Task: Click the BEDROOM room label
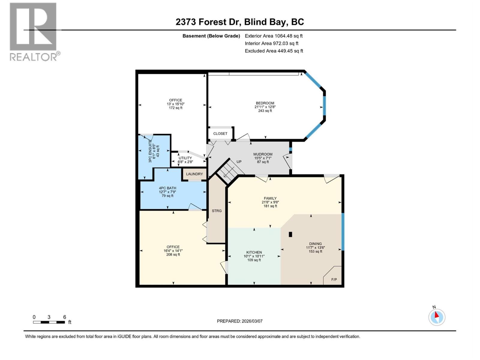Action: coord(265,103)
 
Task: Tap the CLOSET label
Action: coord(220,133)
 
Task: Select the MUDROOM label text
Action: coord(263,154)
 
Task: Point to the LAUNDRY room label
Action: coord(194,174)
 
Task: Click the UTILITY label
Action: coord(185,158)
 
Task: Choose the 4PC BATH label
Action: coord(167,188)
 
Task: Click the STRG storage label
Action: coord(217,211)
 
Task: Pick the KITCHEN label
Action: coord(254,252)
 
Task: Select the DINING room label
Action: coord(315,244)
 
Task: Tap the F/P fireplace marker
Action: coord(334,280)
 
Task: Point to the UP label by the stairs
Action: coord(239,162)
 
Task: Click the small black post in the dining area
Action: coord(290,235)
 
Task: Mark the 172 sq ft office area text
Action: coord(175,108)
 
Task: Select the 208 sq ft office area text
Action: coord(173,254)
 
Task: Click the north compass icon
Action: coord(437,317)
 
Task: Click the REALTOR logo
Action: coord(33,31)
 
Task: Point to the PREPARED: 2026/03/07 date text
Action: coord(240,321)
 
